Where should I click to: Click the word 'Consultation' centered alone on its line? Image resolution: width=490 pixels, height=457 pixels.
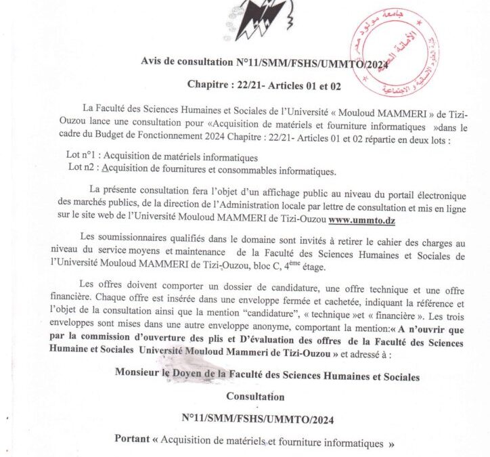coord(255,396)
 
